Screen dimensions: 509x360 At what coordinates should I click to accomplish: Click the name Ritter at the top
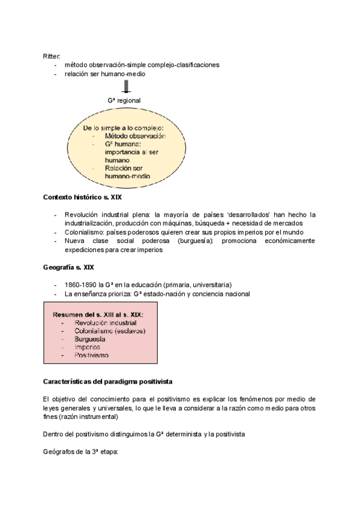point(52,56)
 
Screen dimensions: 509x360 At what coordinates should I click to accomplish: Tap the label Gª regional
point(124,101)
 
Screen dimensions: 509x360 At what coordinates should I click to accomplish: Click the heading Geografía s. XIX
point(68,267)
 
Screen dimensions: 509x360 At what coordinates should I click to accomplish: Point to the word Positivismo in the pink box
point(92,355)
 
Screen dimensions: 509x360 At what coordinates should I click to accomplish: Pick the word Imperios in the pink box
point(88,347)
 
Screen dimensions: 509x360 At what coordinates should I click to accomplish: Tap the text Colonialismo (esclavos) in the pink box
point(110,331)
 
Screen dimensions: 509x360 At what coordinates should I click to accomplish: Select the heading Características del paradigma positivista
point(109,382)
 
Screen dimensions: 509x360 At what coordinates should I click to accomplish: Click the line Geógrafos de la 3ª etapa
point(82,446)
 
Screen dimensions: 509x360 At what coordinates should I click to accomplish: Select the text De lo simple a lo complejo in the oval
point(124,128)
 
